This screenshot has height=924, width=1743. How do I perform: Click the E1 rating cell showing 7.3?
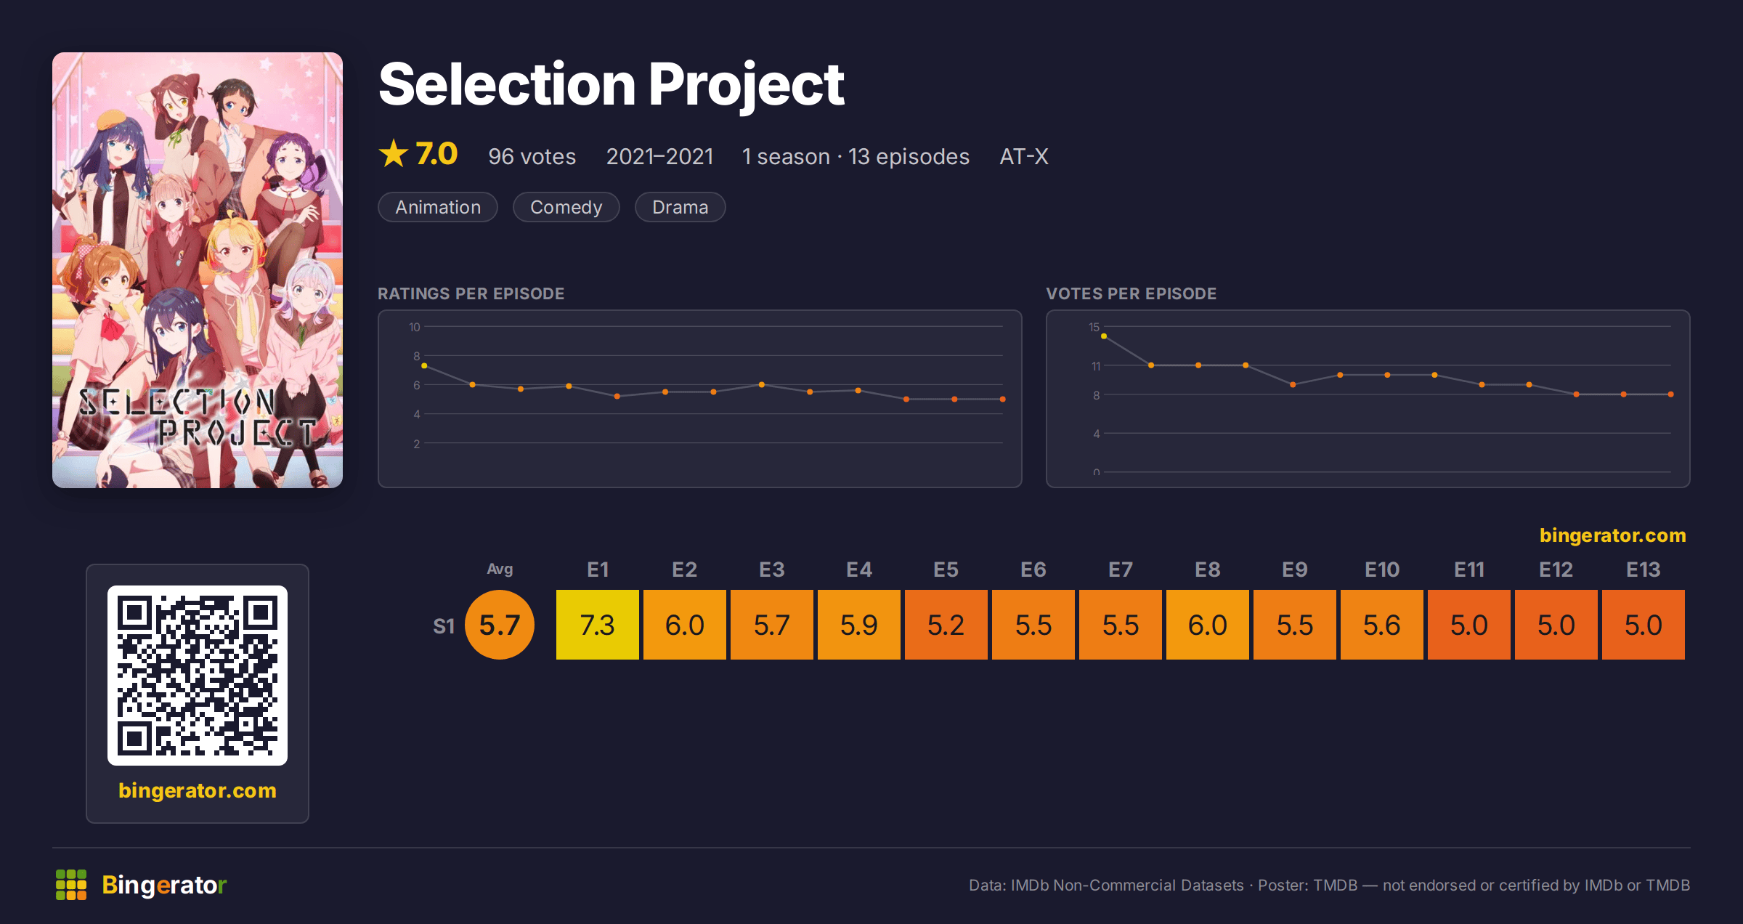click(x=598, y=625)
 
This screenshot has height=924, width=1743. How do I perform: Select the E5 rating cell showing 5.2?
click(x=946, y=625)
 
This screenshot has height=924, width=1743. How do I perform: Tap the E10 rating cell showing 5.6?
click(x=1382, y=625)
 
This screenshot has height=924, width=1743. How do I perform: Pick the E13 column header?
click(x=1644, y=570)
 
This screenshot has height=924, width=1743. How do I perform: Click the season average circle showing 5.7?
click(x=500, y=625)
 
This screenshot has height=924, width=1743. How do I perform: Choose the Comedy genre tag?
click(x=566, y=207)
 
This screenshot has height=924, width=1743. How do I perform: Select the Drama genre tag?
click(x=680, y=207)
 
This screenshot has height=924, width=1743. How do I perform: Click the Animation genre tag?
click(x=438, y=207)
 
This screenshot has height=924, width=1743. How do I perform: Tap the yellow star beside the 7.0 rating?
click(x=394, y=153)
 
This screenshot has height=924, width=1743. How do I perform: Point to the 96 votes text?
click(x=532, y=156)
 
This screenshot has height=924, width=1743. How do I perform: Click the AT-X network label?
click(x=1024, y=156)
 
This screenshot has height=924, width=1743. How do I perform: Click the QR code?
click(x=198, y=676)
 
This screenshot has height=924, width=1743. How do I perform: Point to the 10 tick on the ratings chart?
click(x=415, y=327)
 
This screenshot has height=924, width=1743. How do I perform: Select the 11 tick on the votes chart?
click(x=1096, y=366)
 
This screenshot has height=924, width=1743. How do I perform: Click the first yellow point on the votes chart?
click(x=1104, y=336)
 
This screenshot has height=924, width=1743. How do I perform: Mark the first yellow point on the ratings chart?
click(x=424, y=366)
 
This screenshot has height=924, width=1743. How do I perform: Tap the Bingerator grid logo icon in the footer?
click(x=71, y=885)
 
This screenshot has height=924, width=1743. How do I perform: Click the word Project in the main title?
click(x=746, y=85)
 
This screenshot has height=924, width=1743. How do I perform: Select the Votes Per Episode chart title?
click(x=1131, y=293)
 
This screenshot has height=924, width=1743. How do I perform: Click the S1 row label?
click(x=444, y=625)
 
